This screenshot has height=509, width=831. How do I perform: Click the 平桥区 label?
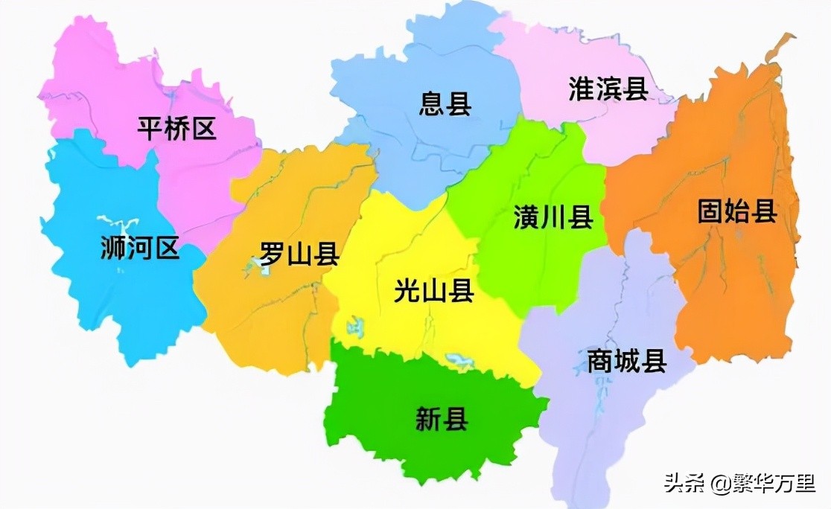click(x=177, y=129)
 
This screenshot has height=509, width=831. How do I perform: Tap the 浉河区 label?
click(x=141, y=248)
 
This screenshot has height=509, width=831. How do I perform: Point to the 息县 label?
click(x=445, y=103)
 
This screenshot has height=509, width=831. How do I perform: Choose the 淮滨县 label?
click(x=608, y=89)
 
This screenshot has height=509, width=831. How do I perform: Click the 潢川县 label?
click(x=553, y=217)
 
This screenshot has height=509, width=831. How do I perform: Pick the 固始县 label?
click(x=737, y=211)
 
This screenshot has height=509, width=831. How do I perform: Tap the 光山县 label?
click(x=434, y=291)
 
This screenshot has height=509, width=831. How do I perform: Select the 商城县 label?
click(x=626, y=362)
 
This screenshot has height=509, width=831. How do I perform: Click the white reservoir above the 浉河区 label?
click(x=119, y=222)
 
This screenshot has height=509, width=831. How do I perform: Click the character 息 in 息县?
click(x=432, y=103)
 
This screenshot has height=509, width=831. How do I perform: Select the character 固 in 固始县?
click(x=710, y=211)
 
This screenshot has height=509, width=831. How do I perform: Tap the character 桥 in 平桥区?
click(x=177, y=129)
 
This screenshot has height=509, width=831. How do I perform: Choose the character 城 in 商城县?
click(x=626, y=362)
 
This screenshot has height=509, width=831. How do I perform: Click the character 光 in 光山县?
click(x=407, y=291)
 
